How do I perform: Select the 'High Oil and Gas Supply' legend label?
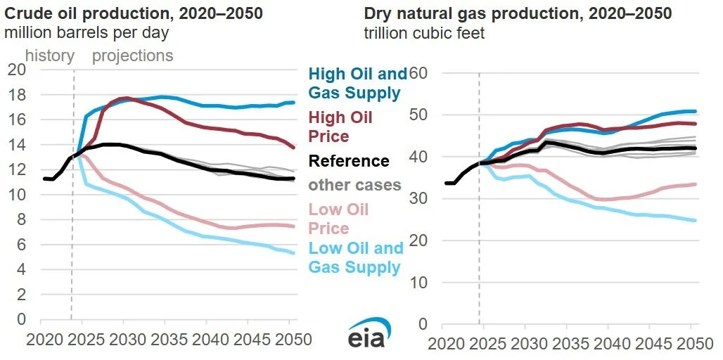click(x=358, y=83)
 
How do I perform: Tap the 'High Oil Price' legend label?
click(x=340, y=127)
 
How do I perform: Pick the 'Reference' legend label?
click(x=349, y=161)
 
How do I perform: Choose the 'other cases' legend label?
click(x=354, y=185)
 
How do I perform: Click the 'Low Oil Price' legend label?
click(x=338, y=219)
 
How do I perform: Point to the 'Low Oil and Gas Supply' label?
click(x=356, y=257)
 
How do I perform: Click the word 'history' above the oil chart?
click(x=50, y=56)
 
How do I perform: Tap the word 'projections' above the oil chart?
click(x=133, y=56)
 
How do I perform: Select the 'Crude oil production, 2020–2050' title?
click(x=134, y=13)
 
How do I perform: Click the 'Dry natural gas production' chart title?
click(x=518, y=13)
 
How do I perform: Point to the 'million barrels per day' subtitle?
click(x=87, y=33)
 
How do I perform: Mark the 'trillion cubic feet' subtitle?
click(x=425, y=33)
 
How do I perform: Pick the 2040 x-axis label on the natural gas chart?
click(x=608, y=344)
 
